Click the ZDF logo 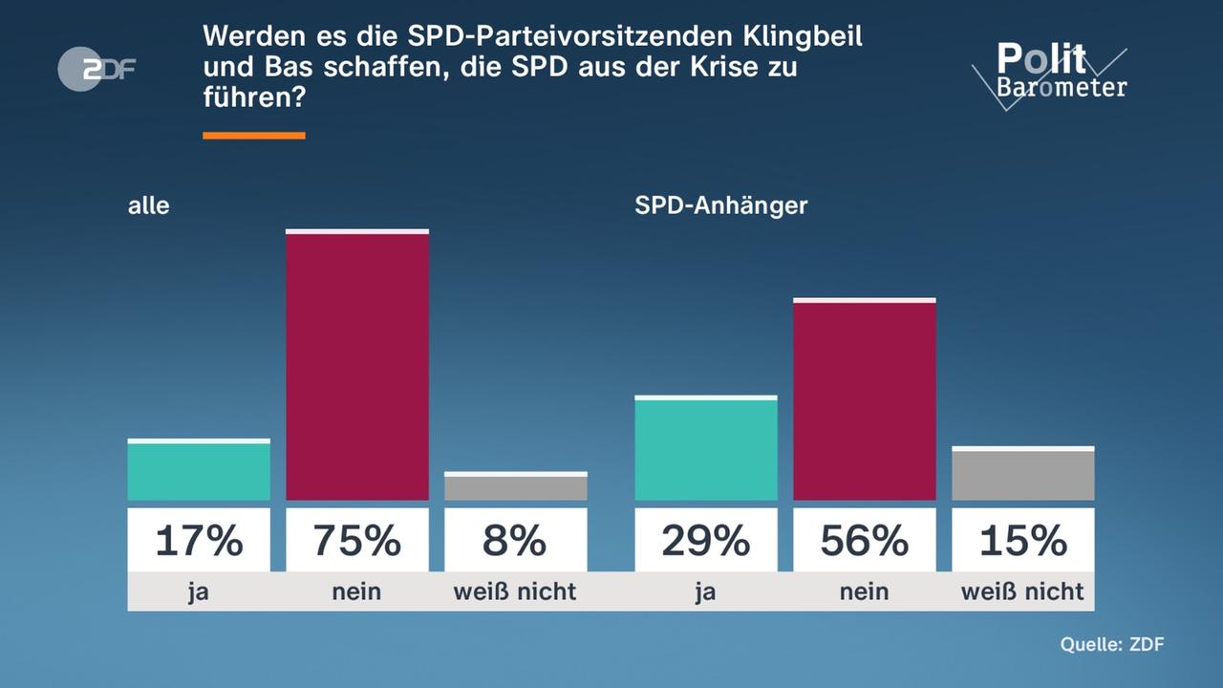[x=97, y=69]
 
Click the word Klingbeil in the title [x=802, y=37]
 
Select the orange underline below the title [x=254, y=136]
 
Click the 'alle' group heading [x=148, y=205]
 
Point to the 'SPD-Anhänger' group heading [x=720, y=205]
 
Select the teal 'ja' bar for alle [x=199, y=470]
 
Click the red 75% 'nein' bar [x=357, y=365]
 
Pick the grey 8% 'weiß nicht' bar [x=516, y=486]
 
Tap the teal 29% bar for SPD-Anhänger [x=706, y=448]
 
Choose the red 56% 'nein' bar [x=865, y=399]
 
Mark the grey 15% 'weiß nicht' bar [x=1023, y=474]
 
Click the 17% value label [x=199, y=541]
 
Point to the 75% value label [x=357, y=541]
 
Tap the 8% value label [x=516, y=541]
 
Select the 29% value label [x=706, y=541]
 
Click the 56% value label [x=865, y=541]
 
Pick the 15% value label [x=1023, y=541]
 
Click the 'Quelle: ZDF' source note [x=1112, y=645]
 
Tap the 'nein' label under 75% [x=357, y=592]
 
